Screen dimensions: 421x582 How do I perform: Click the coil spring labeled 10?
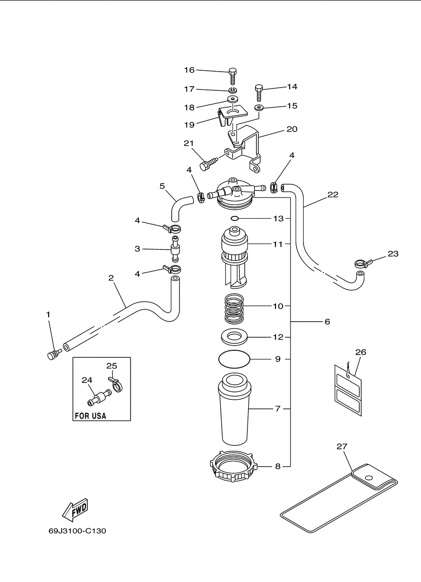pyautogui.click(x=234, y=309)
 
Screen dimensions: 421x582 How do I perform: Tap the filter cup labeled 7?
pyautogui.click(x=234, y=409)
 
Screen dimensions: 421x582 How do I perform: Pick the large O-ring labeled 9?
pyautogui.click(x=234, y=359)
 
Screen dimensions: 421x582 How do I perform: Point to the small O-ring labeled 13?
pyautogui.click(x=234, y=218)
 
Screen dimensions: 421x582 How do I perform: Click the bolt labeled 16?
pyautogui.click(x=232, y=76)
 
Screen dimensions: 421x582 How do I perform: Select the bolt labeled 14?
pyautogui.click(x=259, y=93)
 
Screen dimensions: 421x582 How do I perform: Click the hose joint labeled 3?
pyautogui.click(x=175, y=249)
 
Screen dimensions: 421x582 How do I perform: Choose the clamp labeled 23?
pyautogui.click(x=363, y=264)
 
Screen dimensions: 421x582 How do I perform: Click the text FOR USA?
pyautogui.click(x=90, y=416)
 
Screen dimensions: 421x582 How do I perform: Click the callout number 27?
pyautogui.click(x=341, y=447)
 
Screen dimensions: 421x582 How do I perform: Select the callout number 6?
pyautogui.click(x=327, y=322)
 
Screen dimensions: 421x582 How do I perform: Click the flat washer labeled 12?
pyautogui.click(x=234, y=338)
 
